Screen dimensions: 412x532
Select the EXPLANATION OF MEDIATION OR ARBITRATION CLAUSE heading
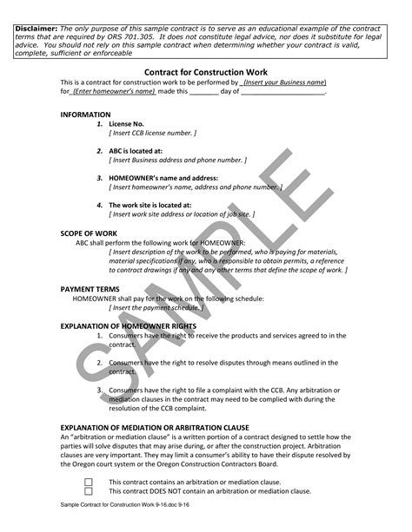[155, 427]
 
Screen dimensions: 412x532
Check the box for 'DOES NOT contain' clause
[89, 491]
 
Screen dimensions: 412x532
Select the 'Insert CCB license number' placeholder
[152, 134]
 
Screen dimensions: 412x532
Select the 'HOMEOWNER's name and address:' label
[162, 178]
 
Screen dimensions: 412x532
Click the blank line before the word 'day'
[204, 91]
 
